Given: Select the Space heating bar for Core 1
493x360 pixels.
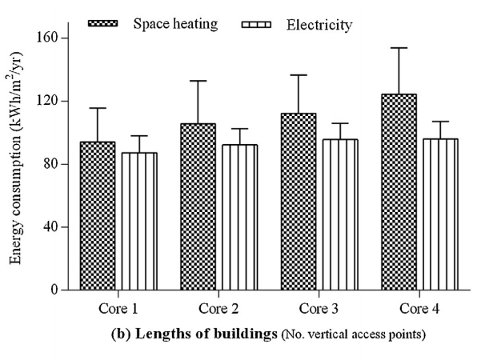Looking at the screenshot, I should tap(98, 216).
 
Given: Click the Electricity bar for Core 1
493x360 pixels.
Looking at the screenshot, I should tap(139, 221).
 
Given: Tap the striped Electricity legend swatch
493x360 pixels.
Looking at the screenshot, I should tap(260, 23).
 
